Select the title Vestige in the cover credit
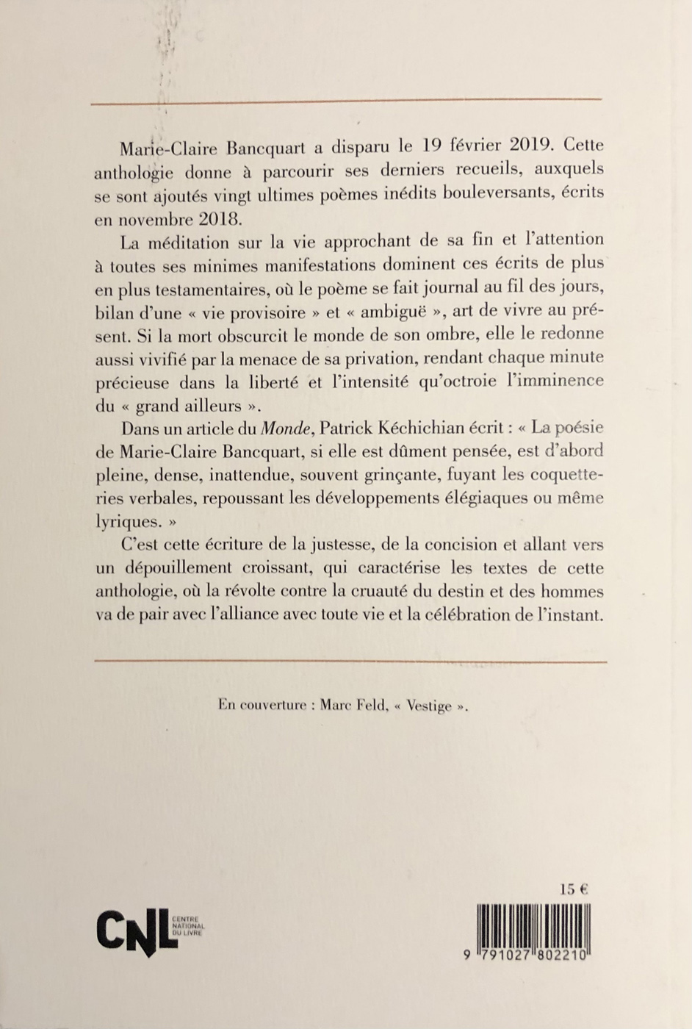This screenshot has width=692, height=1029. [430, 706]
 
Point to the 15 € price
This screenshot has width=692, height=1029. [574, 889]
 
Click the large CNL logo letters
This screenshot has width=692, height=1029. [137, 931]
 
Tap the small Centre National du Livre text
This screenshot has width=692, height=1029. [187, 925]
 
